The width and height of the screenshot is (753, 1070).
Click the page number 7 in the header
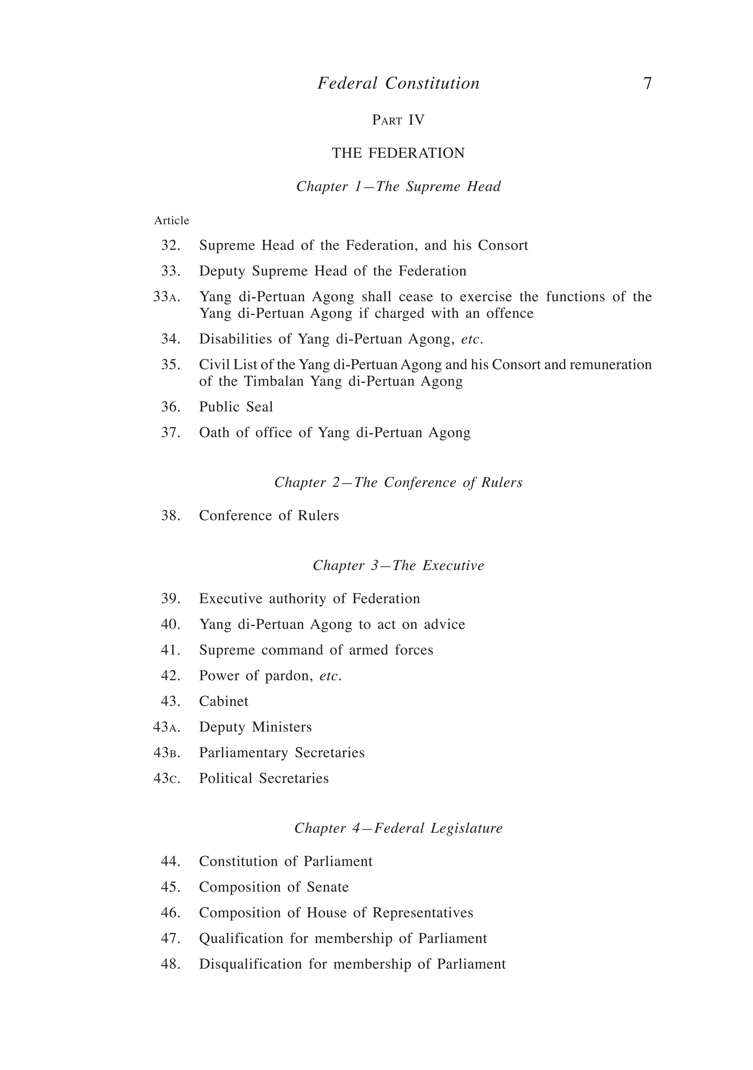coord(647,83)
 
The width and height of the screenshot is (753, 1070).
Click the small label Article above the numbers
coord(171,220)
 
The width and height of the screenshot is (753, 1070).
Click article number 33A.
coord(166,297)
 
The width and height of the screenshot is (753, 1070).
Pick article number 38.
coord(170,515)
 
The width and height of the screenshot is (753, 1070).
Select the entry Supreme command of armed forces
coord(316,650)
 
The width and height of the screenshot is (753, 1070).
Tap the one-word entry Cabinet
coord(224,701)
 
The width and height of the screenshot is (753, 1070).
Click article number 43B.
coord(166,752)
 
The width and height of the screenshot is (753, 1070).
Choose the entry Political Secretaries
coord(264,778)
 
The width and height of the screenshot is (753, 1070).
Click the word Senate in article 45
coord(328,886)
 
